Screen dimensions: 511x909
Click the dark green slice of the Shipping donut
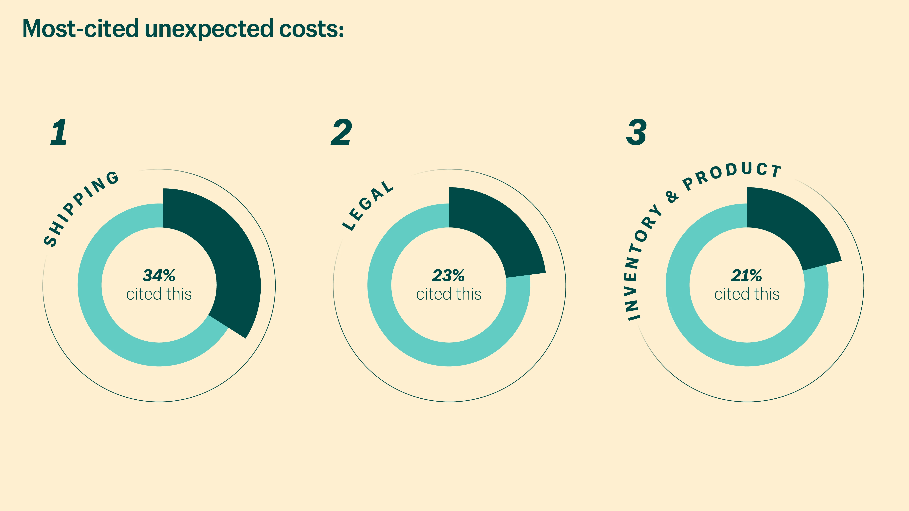(x=226, y=254)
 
